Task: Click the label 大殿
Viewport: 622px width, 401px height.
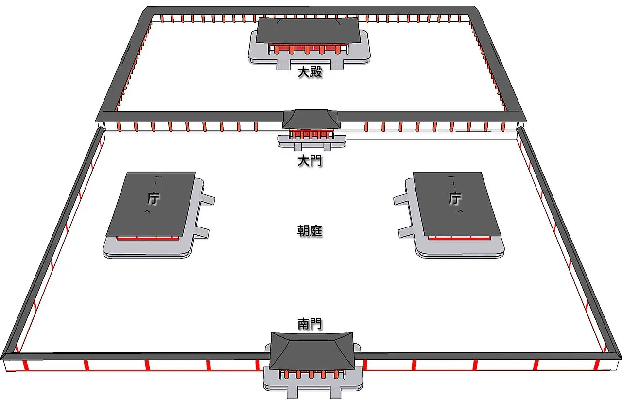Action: click(310, 72)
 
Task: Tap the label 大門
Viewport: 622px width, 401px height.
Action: click(310, 160)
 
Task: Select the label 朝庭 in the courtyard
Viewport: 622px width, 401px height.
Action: click(310, 231)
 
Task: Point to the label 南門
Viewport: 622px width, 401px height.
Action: click(310, 324)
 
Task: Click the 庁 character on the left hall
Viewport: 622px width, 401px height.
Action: click(153, 198)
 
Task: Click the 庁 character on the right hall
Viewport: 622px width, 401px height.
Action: click(454, 198)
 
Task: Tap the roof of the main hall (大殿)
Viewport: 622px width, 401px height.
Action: click(308, 31)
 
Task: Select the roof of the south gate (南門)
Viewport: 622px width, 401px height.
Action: click(312, 351)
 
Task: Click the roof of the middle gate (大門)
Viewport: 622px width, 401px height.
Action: click(311, 119)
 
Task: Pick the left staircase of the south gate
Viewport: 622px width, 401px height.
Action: click(292, 392)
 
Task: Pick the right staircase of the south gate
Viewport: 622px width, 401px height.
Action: click(335, 392)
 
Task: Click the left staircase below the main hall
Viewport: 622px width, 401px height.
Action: click(283, 65)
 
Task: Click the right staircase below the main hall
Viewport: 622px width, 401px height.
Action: click(337, 65)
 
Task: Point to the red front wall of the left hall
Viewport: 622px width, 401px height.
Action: click(147, 238)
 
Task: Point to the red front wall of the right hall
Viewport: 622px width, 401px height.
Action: click(460, 238)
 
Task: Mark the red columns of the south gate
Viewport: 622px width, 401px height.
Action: click(311, 374)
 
